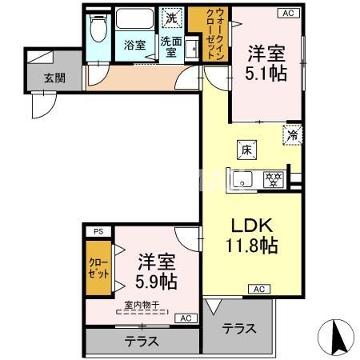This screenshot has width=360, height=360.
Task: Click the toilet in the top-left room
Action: [x=98, y=31]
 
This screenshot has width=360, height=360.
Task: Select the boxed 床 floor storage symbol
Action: [x=246, y=149]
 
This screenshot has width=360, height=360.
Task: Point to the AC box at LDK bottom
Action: [x=258, y=289]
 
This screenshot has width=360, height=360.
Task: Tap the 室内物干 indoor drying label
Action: [x=141, y=305]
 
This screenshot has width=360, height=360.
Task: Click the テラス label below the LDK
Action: [x=239, y=327]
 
